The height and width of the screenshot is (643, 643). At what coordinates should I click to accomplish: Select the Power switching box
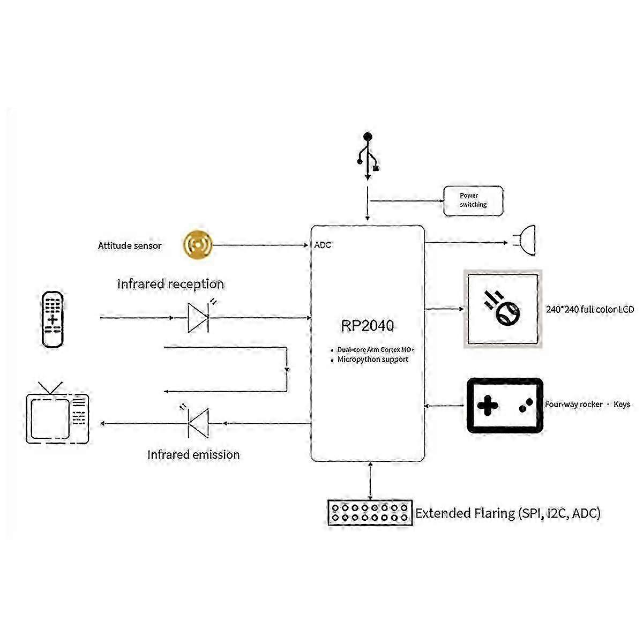pos(473,201)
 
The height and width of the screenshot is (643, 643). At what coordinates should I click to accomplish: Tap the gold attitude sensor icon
pos(197,245)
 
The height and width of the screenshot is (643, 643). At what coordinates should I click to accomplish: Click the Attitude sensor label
pos(130,246)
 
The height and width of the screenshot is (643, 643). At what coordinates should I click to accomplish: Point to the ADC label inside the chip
pos(323,245)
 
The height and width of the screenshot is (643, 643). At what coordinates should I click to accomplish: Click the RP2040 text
pos(367,326)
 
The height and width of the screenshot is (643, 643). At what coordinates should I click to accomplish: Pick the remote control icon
pos(53,320)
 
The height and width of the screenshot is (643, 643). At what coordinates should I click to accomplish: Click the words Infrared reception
pos(170,284)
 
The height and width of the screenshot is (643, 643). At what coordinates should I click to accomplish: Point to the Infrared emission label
pos(193,455)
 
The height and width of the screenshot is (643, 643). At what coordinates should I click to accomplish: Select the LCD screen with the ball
pos(503,309)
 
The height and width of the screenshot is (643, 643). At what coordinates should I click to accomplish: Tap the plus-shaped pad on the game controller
pos(488,406)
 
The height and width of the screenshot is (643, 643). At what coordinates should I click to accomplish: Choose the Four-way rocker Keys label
pos(587,405)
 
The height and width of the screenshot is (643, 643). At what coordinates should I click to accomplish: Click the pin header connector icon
pos(370,513)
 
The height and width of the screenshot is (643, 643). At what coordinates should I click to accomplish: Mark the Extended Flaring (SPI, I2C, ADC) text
pos(508,513)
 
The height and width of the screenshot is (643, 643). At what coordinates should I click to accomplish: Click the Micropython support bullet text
pos(373,360)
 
